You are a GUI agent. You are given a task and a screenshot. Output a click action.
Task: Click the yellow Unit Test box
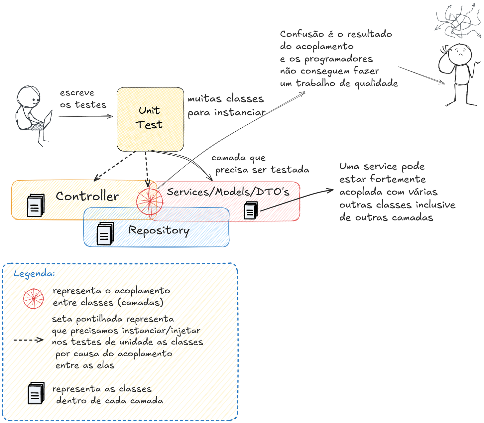[150, 119]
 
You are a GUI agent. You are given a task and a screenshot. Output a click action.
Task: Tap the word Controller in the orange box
[87, 196]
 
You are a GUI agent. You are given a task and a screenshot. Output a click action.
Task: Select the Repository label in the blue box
[159, 230]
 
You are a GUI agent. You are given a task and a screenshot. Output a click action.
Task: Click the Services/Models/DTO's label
[228, 192]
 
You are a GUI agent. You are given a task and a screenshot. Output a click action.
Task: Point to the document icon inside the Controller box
[35, 206]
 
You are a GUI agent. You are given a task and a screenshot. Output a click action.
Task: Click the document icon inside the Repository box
[105, 234]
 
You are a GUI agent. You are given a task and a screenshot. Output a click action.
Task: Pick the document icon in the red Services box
[251, 210]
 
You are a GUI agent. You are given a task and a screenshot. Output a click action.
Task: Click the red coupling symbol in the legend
[34, 298]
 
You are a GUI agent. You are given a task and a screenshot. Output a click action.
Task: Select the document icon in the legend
[36, 393]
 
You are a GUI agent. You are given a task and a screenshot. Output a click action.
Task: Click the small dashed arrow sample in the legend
[28, 340]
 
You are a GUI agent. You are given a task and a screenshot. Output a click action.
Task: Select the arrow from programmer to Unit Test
[85, 116]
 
